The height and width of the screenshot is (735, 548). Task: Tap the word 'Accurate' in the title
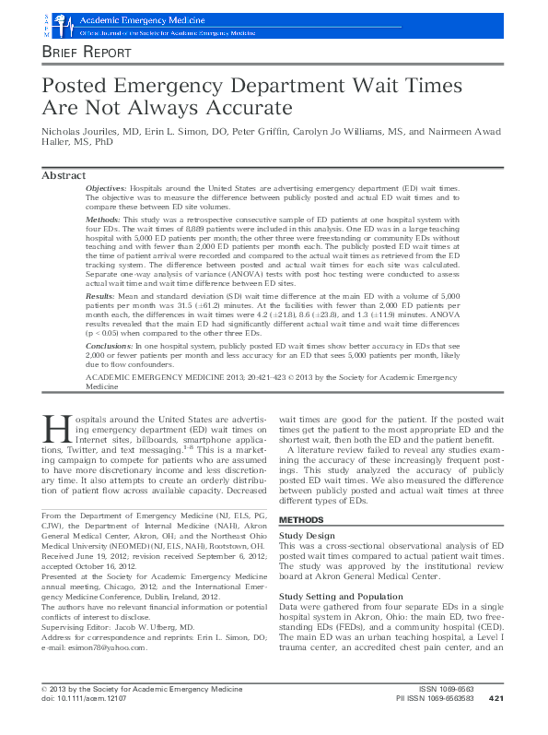tap(246, 107)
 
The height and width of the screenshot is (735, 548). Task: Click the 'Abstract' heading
tap(64, 176)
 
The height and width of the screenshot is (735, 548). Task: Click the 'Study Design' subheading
tap(307, 534)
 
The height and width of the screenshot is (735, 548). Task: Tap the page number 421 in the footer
tap(496, 723)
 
